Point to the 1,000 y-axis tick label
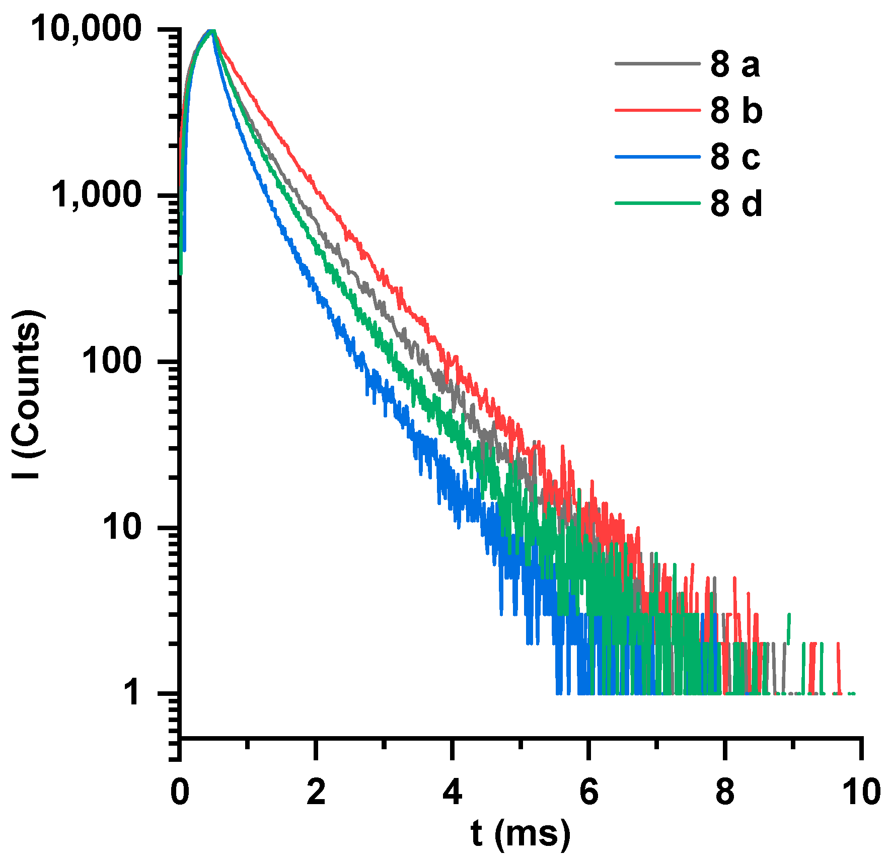tap(96, 195)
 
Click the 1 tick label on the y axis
tap(132, 692)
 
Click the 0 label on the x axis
tap(180, 792)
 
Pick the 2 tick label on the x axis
tap(316, 792)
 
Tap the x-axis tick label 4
tap(452, 792)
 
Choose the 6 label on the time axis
tap(588, 792)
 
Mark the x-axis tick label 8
tap(725, 792)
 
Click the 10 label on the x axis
tap(861, 792)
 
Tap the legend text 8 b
tap(736, 111)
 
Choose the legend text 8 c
tap(735, 157)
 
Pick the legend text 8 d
tap(736, 203)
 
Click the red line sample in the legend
tap(657, 110)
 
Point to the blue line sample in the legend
tap(657, 157)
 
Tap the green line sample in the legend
tap(657, 203)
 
